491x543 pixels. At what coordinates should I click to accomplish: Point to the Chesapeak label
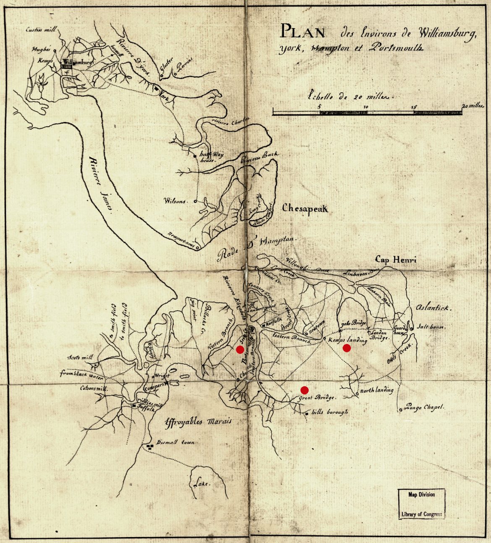click(x=305, y=208)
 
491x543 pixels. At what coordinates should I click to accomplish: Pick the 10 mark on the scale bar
click(x=366, y=107)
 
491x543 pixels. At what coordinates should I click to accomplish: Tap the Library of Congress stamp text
click(x=421, y=514)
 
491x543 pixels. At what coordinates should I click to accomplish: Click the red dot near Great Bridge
click(x=305, y=390)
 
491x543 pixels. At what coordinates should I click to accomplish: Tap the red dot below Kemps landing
click(x=347, y=348)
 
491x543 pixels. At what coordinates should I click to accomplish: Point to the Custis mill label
click(x=41, y=30)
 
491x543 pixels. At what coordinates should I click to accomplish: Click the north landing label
click(x=377, y=390)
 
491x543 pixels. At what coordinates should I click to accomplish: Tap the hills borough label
click(x=329, y=412)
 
